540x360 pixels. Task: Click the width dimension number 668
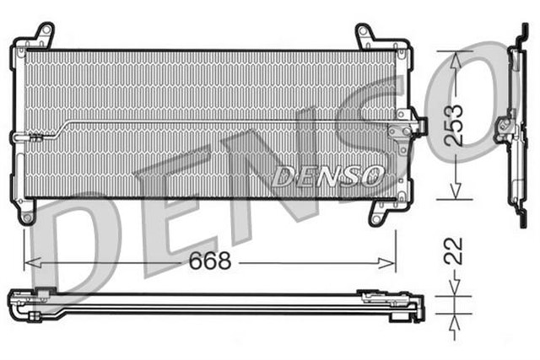pos(210,261)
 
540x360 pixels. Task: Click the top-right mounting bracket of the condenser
pos(366,35)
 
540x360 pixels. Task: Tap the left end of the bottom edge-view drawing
pos(19,299)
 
